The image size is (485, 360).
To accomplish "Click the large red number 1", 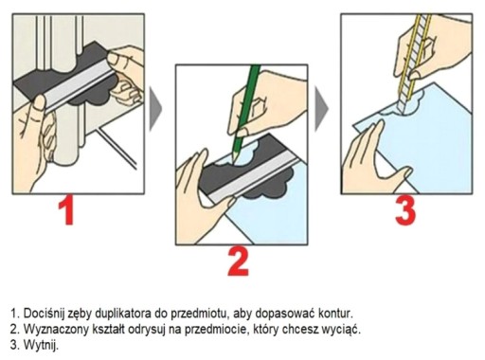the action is tap(67, 210).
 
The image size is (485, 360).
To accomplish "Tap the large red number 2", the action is tap(239, 261).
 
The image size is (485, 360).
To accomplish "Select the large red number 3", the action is tap(405, 211).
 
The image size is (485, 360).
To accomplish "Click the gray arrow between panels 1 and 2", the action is tap(155, 109).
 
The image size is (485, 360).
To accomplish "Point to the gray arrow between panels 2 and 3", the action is tap(321, 109).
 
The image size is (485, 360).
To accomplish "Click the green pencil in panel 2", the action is tap(245, 113).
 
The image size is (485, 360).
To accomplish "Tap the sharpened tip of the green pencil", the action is tap(233, 161).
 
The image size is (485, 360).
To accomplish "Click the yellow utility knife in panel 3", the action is tap(414, 63).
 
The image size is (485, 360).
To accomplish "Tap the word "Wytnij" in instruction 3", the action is tap(41, 345).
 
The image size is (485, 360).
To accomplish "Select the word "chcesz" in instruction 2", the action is tap(300, 330).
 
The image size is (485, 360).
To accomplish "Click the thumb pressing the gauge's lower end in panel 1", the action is tap(39, 103).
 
